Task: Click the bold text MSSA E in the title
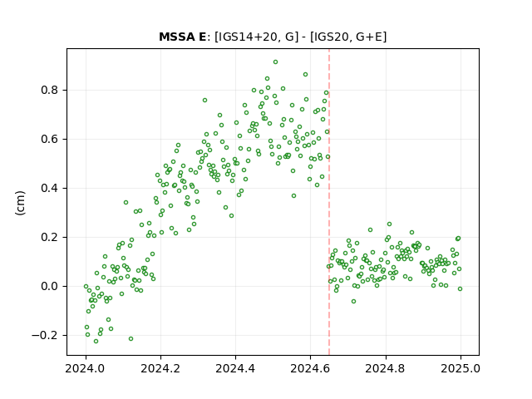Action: pos(182,37)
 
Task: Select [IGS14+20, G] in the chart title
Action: pos(257,37)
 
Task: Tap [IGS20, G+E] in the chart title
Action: pos(348,37)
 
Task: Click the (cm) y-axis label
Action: pos(20,203)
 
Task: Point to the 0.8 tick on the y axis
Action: pos(50,91)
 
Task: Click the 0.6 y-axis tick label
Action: pos(50,139)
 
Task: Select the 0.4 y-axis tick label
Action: pos(50,189)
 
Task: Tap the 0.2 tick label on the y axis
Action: pos(50,237)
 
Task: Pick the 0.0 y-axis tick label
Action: pos(50,286)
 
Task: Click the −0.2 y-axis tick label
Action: pos(46,335)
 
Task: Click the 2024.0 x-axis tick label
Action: pos(86,368)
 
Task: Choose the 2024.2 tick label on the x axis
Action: pos(160,368)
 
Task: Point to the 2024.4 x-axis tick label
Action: pos(235,368)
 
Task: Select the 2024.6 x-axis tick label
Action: pos(310,368)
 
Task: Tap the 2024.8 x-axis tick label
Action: pos(386,368)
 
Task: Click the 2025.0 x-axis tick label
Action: pos(461,368)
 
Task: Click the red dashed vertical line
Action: pos(329,202)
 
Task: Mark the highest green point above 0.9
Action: pos(275,62)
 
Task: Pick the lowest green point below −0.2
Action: pos(96,342)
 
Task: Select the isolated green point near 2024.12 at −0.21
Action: pos(131,339)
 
